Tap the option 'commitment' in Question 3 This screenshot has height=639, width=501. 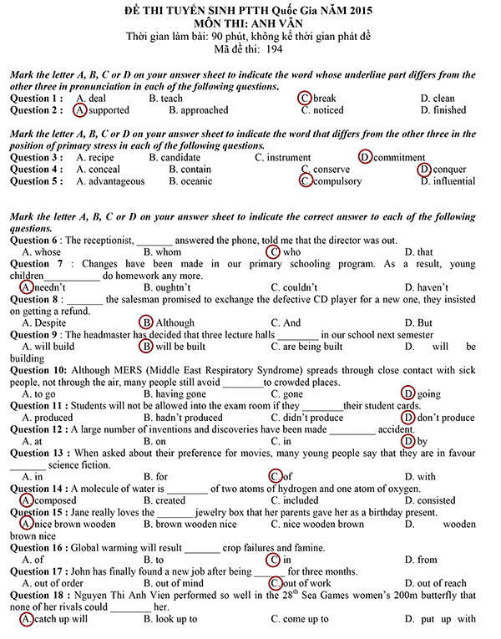pyautogui.click(x=399, y=157)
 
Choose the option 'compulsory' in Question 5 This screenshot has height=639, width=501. pyautogui.click(x=337, y=181)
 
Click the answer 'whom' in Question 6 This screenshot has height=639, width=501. pyautogui.click(x=167, y=251)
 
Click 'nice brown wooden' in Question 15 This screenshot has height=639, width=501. pyautogui.click(x=74, y=525)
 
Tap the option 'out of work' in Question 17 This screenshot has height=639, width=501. pyautogui.click(x=306, y=583)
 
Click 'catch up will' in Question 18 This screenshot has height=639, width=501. pyautogui.click(x=60, y=619)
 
